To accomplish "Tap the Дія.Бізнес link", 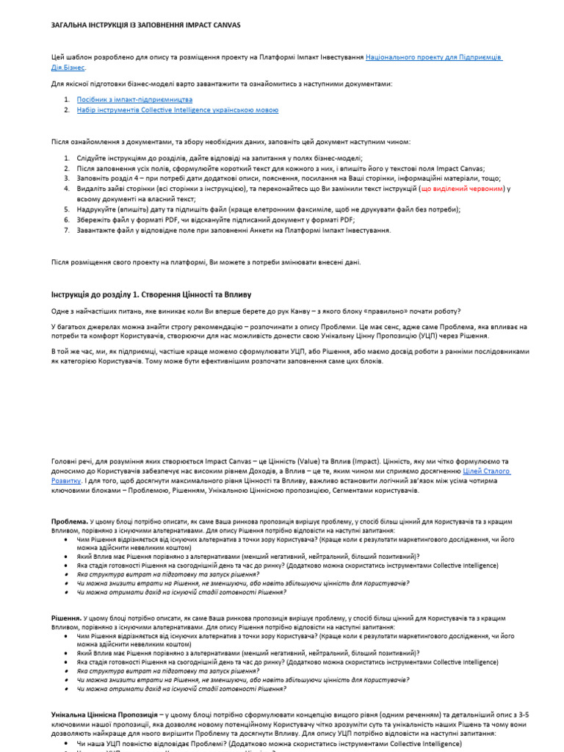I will (x=68, y=67).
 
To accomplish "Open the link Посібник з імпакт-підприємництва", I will (x=134, y=98).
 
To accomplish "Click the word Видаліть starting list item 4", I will (x=91, y=189).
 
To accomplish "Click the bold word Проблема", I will (x=70, y=521).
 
